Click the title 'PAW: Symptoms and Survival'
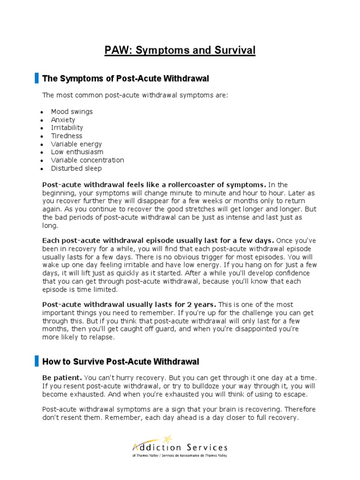(180, 50)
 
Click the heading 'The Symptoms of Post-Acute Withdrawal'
(126, 78)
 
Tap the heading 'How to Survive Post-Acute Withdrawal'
(120, 361)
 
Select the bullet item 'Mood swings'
(72, 112)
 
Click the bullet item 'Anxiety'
(63, 120)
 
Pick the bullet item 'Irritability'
(67, 127)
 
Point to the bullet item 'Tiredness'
(67, 136)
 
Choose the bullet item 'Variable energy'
(76, 144)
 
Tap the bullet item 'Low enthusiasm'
(77, 152)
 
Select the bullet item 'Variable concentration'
(88, 160)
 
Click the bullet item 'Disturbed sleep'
(76, 168)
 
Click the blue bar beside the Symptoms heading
(37, 78)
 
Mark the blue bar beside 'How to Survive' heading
(37, 361)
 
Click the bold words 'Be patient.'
(62, 378)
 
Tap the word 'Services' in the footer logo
(207, 448)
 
